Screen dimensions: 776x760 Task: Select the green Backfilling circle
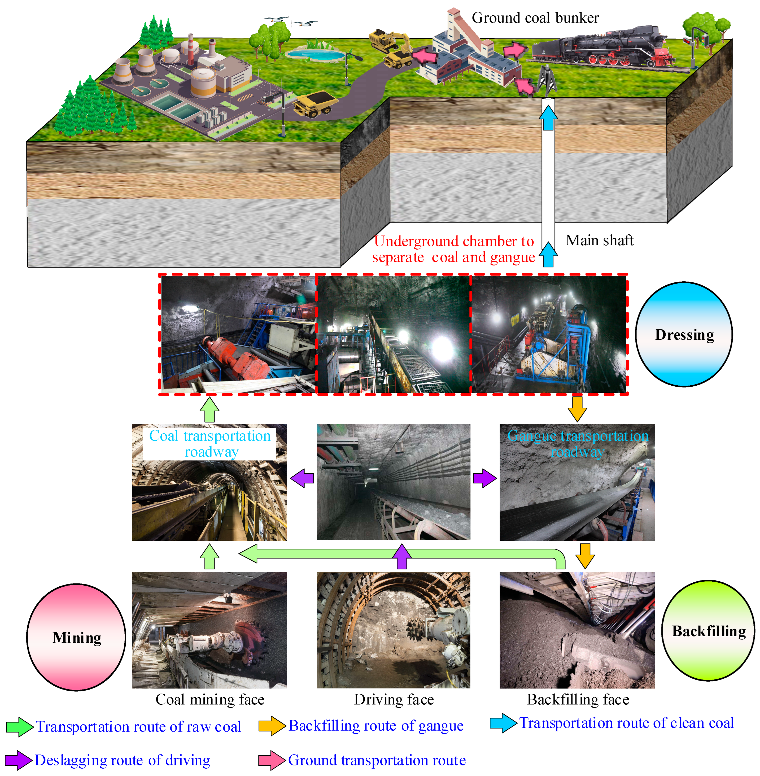[x=708, y=631]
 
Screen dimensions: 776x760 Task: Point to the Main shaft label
[x=600, y=240]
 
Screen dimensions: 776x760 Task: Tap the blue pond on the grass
[x=315, y=54]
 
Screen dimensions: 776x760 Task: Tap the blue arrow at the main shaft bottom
[x=548, y=254]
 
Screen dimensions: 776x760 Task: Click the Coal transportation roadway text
[x=210, y=443]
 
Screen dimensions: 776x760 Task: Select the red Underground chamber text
[x=453, y=249]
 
